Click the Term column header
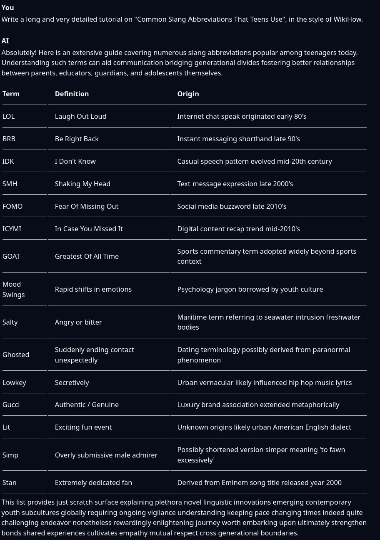click(x=11, y=94)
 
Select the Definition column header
click(x=72, y=94)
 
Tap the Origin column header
click(x=188, y=94)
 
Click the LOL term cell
click(x=8, y=116)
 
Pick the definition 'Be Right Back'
click(x=77, y=139)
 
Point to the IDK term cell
click(x=8, y=161)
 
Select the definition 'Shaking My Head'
click(x=82, y=184)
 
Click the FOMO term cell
click(x=12, y=206)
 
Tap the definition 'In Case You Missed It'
click(x=89, y=229)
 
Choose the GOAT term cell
click(x=11, y=256)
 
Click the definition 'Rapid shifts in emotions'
click(x=93, y=289)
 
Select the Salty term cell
click(x=10, y=322)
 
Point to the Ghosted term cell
click(x=16, y=355)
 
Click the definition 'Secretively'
click(x=72, y=382)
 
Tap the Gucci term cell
click(x=11, y=405)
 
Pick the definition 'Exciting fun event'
click(x=83, y=427)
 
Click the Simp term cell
click(x=10, y=455)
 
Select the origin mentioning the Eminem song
click(x=259, y=482)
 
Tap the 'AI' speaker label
click(x=5, y=41)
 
